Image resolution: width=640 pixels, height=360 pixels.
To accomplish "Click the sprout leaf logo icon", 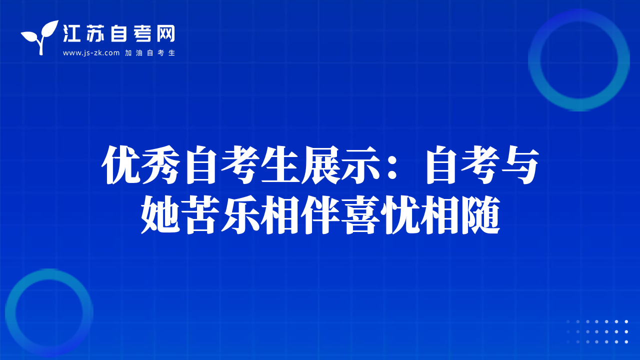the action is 40,37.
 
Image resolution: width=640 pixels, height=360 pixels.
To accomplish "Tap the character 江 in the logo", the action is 71,33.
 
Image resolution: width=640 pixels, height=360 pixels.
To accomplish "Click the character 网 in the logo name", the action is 166,33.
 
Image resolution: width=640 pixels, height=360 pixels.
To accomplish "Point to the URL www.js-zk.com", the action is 91,53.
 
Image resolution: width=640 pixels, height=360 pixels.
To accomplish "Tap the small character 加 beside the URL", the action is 128,53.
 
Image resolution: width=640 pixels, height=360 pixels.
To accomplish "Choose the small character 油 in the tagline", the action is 139,53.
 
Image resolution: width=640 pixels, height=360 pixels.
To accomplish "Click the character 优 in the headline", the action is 121,165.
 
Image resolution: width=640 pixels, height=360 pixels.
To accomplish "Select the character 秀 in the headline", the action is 161,165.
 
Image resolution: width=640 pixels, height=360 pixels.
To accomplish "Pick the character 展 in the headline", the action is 321,165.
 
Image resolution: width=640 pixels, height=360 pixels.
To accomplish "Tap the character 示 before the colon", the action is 361,165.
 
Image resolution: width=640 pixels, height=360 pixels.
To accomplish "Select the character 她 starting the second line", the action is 161,215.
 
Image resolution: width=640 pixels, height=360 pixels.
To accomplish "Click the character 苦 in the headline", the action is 201,215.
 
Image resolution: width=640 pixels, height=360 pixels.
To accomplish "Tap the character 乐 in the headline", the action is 241,215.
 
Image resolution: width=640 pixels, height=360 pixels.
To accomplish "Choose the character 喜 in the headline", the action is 361,215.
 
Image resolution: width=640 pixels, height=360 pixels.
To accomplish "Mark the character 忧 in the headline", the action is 401,215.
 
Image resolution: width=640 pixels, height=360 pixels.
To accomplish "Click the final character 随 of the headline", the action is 481,215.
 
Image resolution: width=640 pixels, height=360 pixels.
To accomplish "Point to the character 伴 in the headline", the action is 321,215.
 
